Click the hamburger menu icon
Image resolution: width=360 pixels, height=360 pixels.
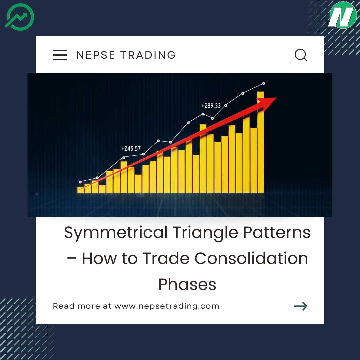coord(60,55)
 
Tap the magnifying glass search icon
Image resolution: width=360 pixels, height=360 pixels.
coord(301,55)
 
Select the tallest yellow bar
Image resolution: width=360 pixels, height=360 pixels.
coord(260,143)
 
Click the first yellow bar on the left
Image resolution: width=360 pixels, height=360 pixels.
coord(80,190)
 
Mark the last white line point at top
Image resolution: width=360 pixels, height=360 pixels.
coord(264,83)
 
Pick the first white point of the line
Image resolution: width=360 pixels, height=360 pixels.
coord(80,182)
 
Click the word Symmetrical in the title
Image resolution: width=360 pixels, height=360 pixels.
coord(116,233)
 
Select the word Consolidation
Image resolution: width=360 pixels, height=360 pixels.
coord(251,259)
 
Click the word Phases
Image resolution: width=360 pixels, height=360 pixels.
coord(187,285)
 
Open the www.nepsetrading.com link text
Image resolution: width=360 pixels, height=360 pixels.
coord(167,306)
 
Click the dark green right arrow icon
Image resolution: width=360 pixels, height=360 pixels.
coord(300,306)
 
